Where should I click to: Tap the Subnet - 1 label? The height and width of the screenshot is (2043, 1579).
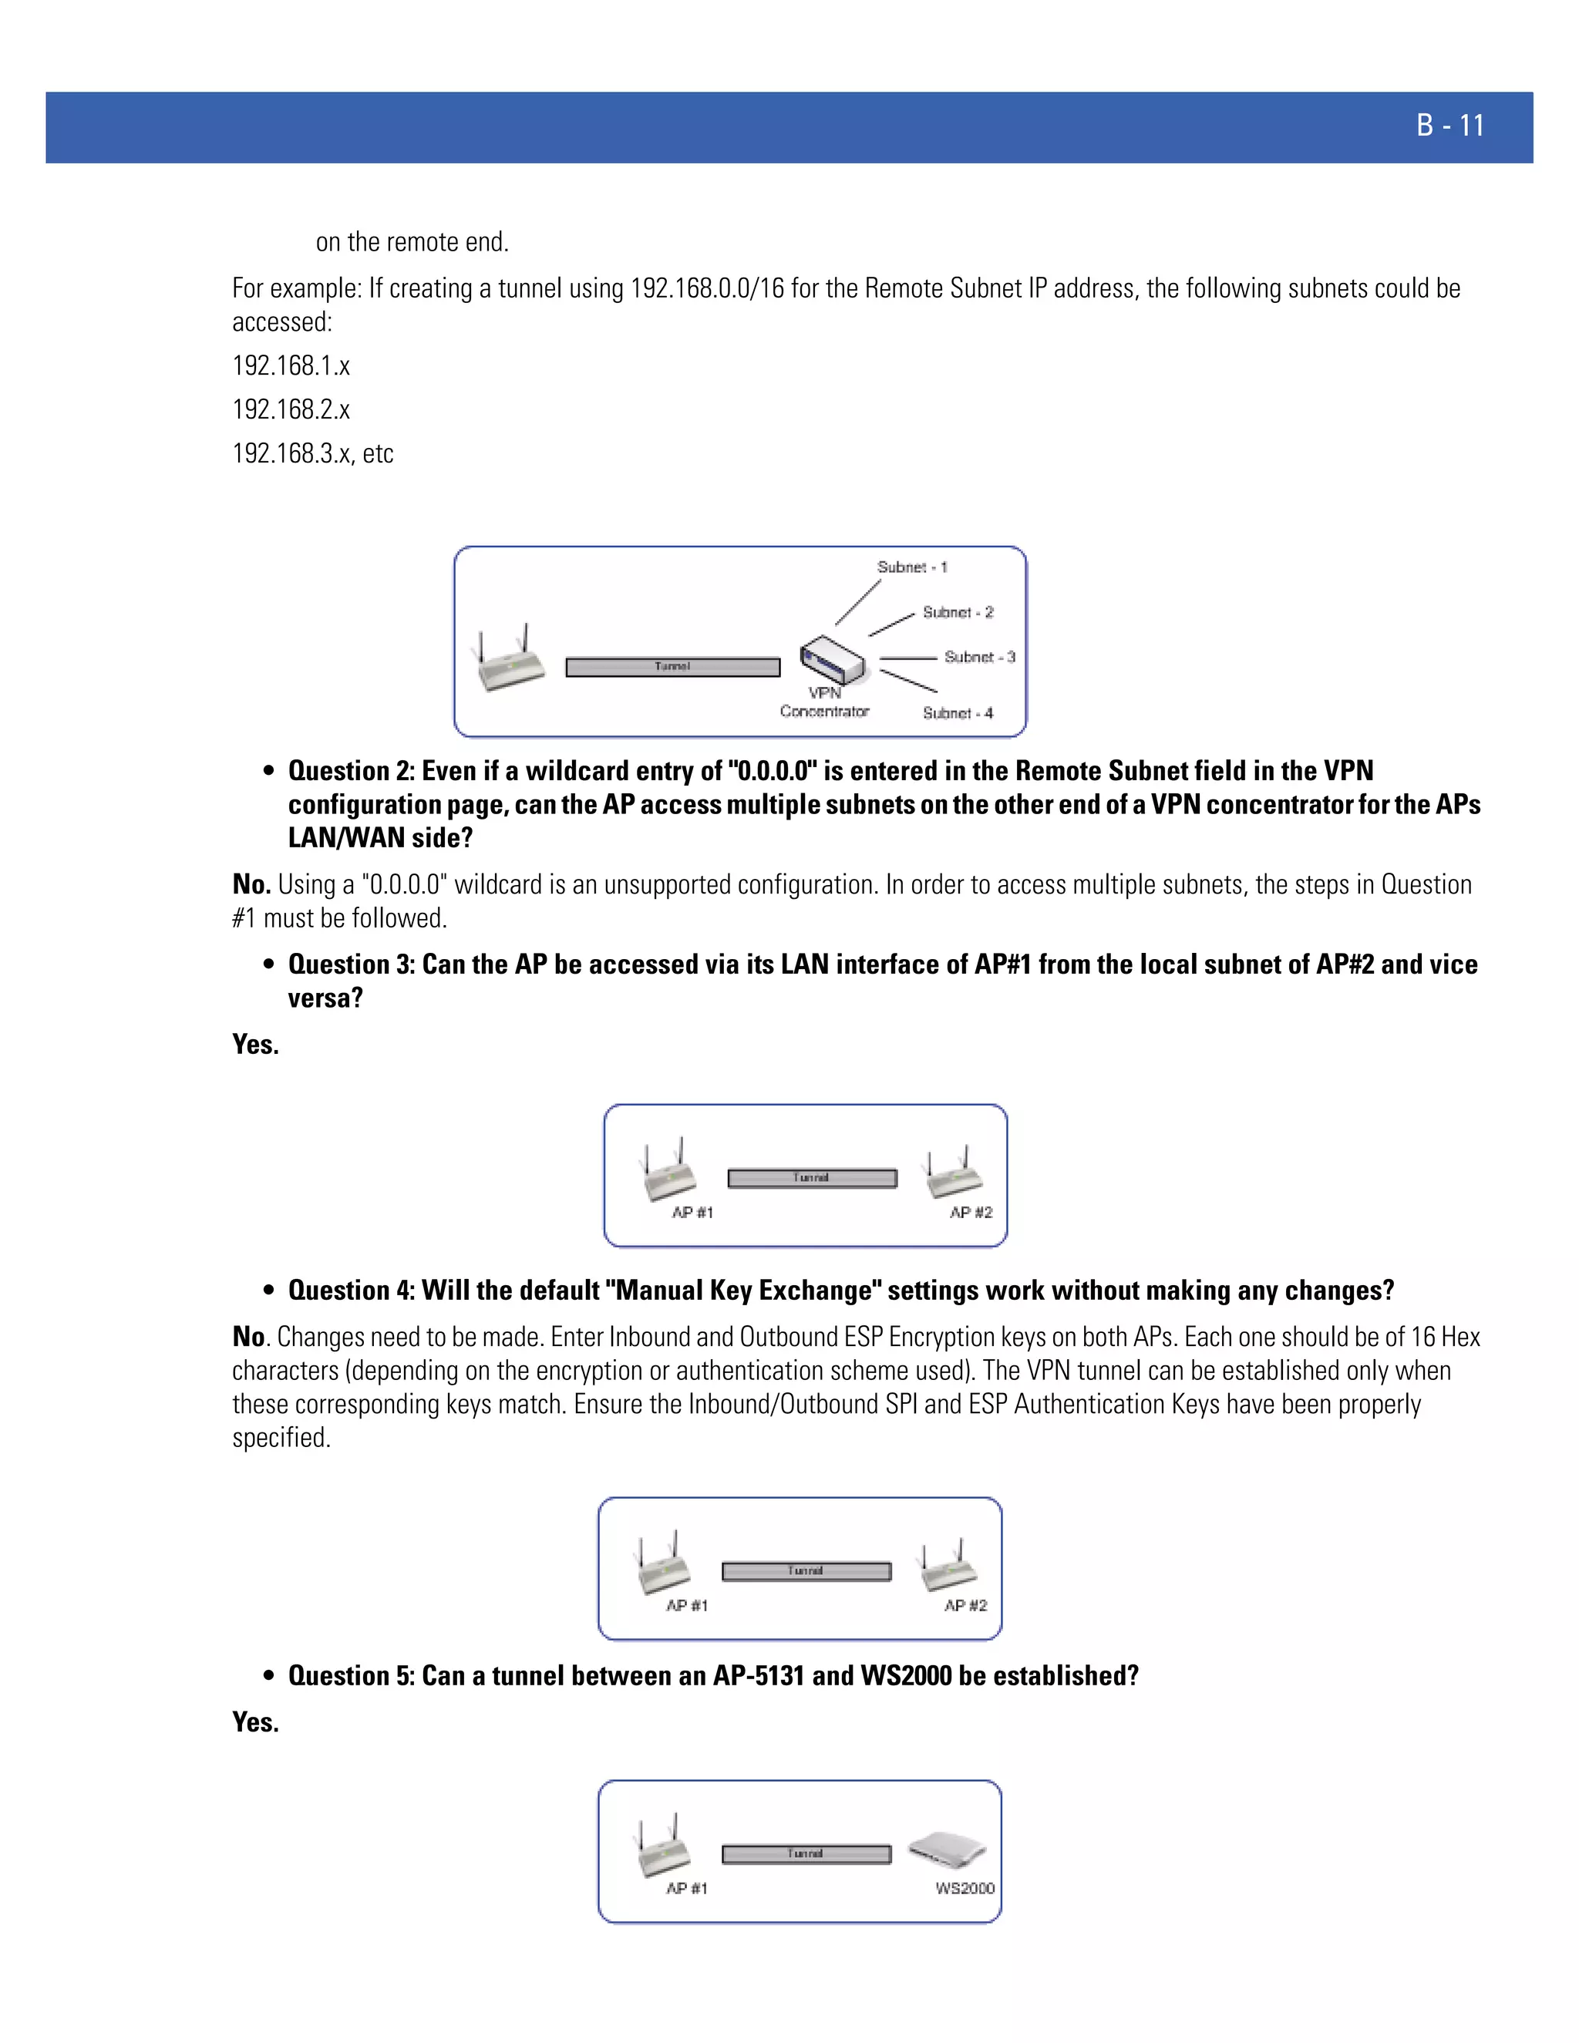coord(912,567)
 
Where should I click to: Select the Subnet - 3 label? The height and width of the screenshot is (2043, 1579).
coord(979,657)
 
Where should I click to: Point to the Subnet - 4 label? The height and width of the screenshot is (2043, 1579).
coord(958,713)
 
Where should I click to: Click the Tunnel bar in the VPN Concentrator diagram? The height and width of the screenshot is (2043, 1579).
coord(672,667)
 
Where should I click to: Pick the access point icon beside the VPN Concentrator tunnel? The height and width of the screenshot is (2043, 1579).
coord(510,659)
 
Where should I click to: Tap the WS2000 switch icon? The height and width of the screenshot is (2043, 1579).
coord(947,1850)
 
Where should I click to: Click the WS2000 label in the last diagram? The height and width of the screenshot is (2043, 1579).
coord(965,1888)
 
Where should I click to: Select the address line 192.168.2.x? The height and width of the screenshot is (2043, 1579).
coord(291,409)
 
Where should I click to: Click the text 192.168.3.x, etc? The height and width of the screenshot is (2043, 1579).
coord(312,453)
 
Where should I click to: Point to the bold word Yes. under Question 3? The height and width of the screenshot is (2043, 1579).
coord(255,1044)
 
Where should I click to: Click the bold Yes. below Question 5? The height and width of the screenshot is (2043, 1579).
coord(255,1722)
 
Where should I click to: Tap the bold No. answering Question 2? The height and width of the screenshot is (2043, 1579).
coord(251,884)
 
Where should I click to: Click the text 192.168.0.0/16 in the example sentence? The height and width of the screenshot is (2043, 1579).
coord(707,288)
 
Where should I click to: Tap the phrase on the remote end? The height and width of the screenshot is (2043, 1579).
coord(412,242)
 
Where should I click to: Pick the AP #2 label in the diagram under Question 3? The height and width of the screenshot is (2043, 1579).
coord(971,1213)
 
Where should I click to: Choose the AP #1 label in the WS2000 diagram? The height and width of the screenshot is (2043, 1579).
coord(687,1888)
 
